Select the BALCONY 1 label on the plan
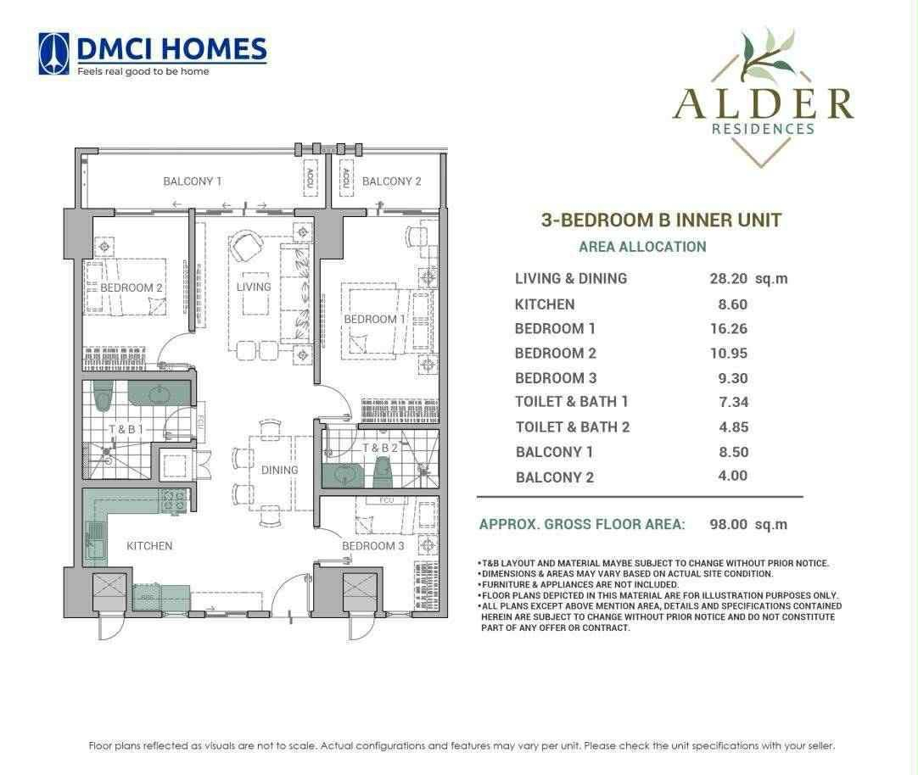click(x=193, y=181)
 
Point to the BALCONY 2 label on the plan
click(x=391, y=181)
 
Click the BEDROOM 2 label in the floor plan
click(x=132, y=287)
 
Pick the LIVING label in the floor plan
click(x=254, y=287)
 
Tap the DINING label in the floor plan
click(x=279, y=470)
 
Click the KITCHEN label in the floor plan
click(x=149, y=546)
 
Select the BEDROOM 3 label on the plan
click(x=373, y=546)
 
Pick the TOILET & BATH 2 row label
click(x=572, y=427)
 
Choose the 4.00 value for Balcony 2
click(x=733, y=476)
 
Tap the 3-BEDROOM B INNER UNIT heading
click(x=661, y=220)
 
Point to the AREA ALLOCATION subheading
click(x=641, y=247)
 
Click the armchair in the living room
click(x=246, y=246)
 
